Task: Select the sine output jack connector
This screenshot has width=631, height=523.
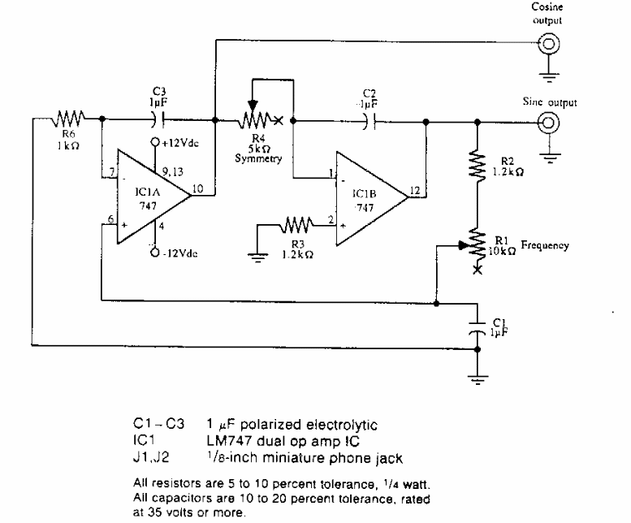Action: click(549, 121)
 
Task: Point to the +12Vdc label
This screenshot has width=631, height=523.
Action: click(178, 144)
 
